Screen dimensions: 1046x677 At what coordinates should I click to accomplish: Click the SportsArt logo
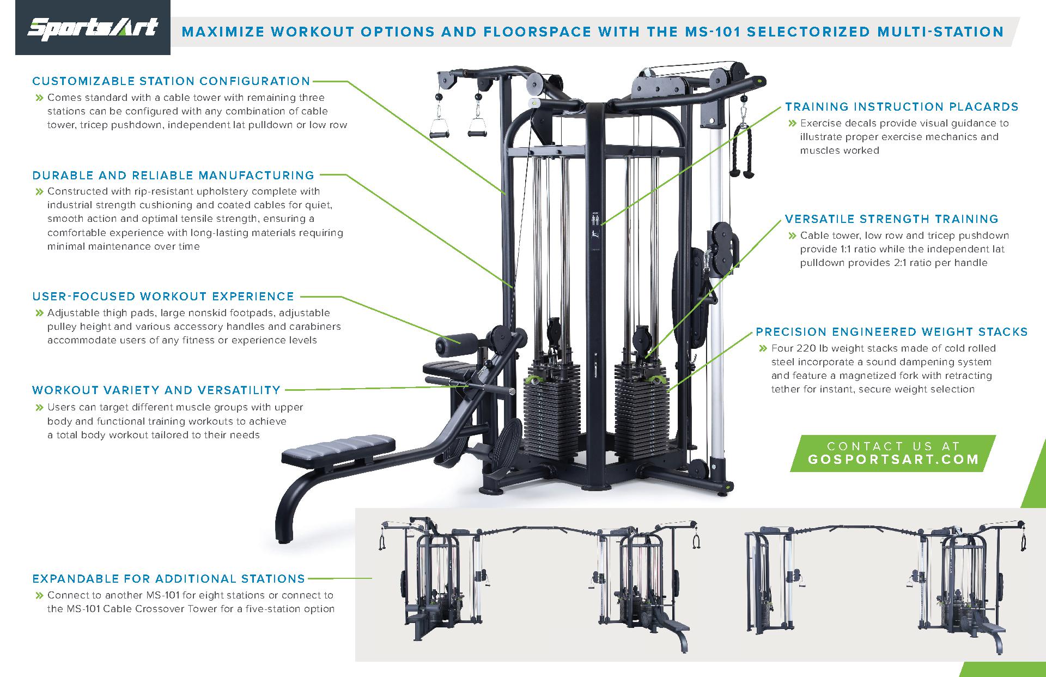click(93, 28)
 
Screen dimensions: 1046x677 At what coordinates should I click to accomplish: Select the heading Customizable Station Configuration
click(171, 81)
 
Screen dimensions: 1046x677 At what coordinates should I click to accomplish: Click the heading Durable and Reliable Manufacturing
click(173, 176)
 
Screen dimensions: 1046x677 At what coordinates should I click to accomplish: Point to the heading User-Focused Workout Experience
click(163, 297)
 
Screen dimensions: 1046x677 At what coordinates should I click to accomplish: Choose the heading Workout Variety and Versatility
click(156, 390)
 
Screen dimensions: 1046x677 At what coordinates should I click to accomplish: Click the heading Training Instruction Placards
click(902, 107)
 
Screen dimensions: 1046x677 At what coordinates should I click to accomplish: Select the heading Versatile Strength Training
click(892, 219)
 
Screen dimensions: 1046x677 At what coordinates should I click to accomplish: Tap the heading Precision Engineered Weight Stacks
click(892, 332)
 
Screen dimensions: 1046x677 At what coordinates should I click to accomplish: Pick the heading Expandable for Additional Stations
click(168, 579)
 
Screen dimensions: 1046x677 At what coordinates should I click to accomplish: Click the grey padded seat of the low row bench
click(338, 450)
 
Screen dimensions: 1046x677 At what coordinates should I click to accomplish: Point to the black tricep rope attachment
click(741, 152)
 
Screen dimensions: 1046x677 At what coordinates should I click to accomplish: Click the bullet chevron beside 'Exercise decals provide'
click(793, 124)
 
